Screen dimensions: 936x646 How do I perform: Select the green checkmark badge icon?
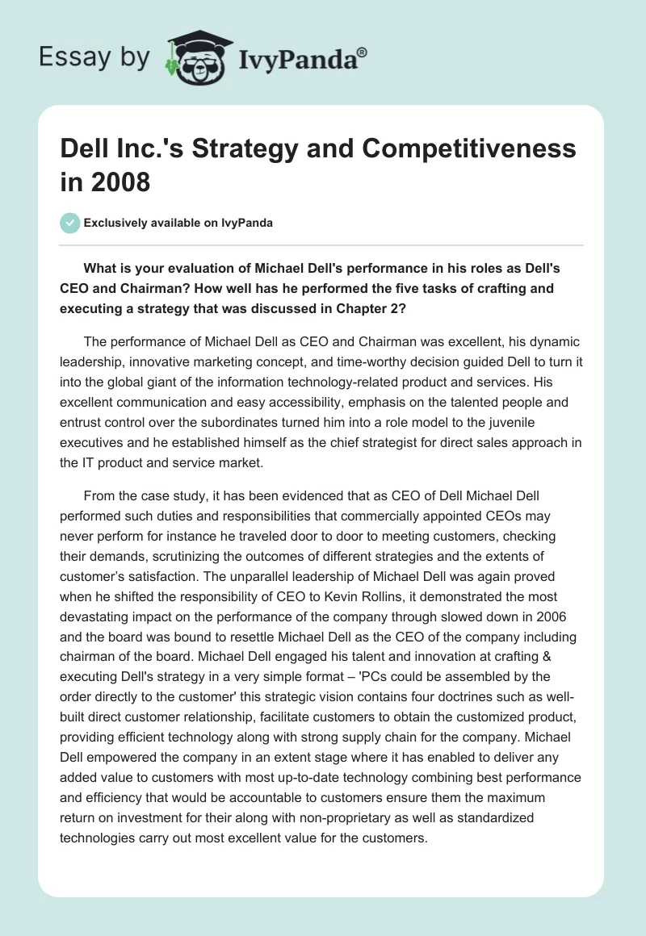(70, 223)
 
